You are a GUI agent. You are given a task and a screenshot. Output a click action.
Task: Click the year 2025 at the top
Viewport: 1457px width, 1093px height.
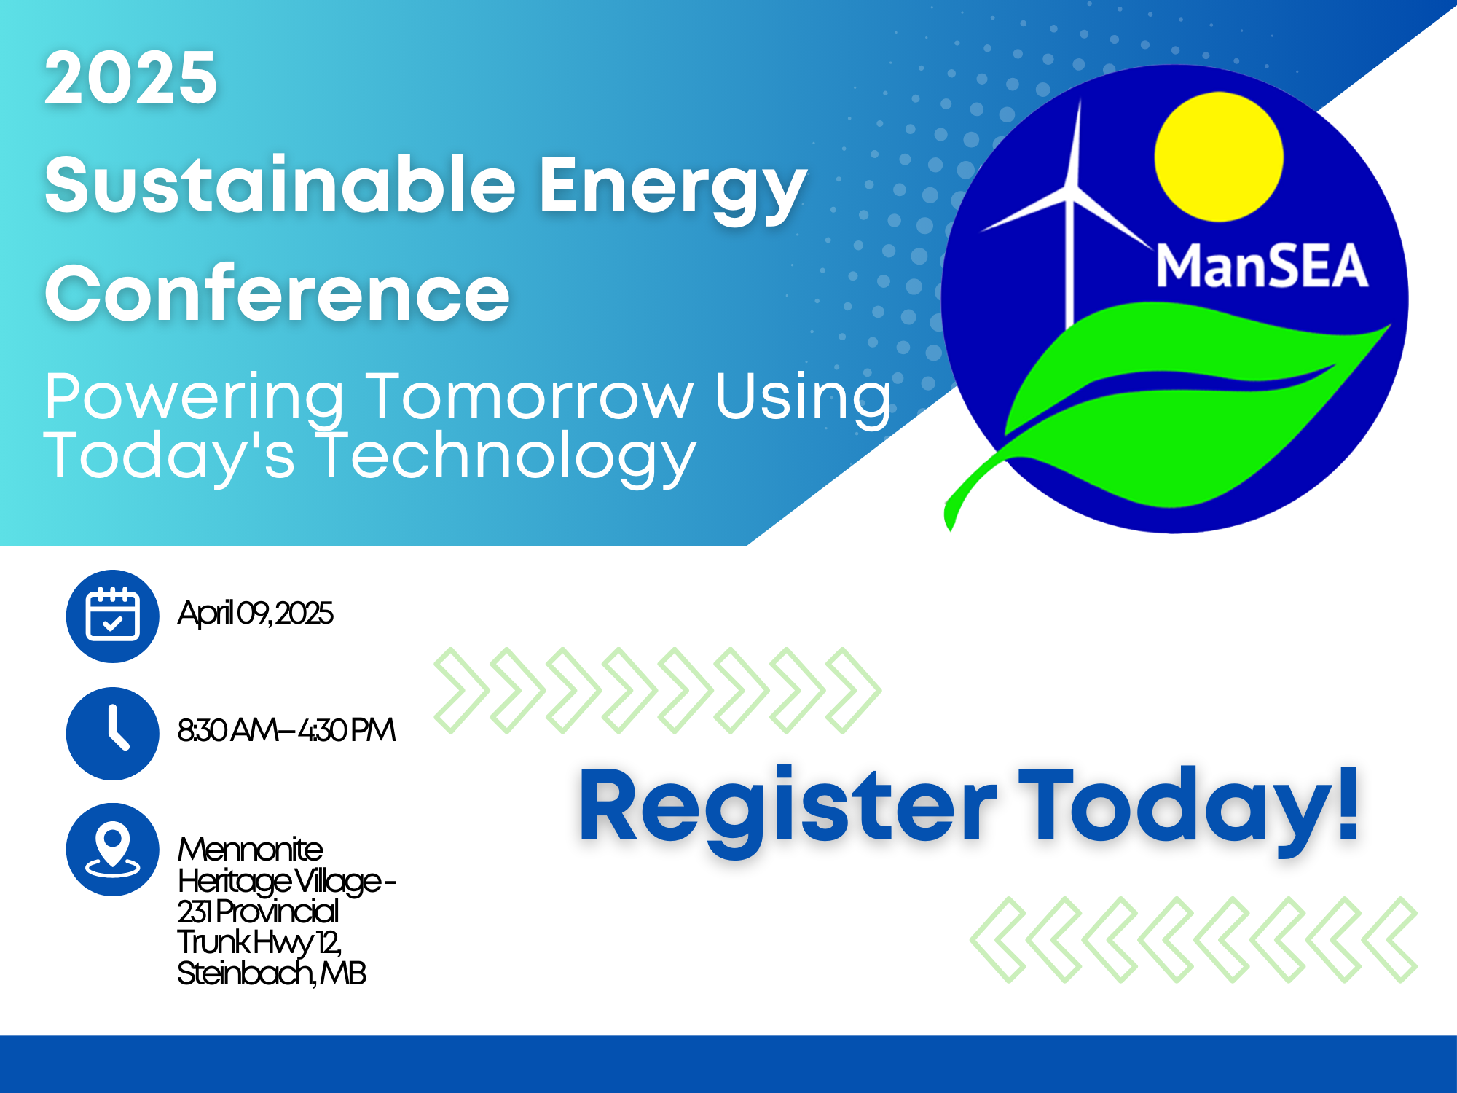pos(131,78)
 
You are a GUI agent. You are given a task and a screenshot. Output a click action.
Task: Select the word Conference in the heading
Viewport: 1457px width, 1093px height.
pos(277,294)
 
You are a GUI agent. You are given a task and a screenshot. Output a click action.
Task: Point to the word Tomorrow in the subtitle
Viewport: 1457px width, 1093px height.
pos(529,397)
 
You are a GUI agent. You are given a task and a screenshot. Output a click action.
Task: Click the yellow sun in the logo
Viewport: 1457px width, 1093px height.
pos(1218,157)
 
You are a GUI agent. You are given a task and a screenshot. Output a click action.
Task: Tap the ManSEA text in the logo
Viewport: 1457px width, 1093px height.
pos(1262,266)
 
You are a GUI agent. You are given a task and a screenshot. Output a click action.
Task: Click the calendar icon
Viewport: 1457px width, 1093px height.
pos(112,616)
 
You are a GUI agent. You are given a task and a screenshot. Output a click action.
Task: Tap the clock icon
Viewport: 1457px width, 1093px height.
pos(112,732)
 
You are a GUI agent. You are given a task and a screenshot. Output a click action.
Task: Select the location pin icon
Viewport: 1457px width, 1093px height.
pos(112,849)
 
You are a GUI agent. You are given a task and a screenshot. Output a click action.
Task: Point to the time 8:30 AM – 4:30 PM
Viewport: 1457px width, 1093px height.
pos(286,730)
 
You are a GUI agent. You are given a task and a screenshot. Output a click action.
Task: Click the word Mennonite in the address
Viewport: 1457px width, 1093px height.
pos(250,850)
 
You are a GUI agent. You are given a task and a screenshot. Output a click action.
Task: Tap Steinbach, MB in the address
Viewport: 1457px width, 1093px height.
pos(271,973)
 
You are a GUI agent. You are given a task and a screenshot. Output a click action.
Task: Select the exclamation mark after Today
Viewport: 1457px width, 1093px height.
pos(1348,805)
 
